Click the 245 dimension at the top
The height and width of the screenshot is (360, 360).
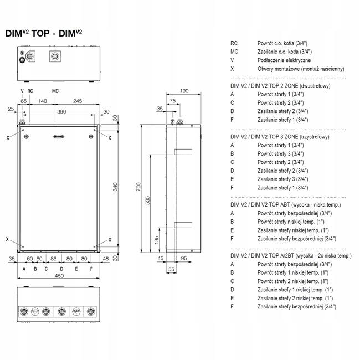(78, 101)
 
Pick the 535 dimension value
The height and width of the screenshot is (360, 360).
(148, 200)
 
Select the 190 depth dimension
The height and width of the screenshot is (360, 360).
(185, 90)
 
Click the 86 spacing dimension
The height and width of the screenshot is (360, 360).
(54, 258)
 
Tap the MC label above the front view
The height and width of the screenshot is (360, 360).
(55, 90)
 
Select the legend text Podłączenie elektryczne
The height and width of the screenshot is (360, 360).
(284, 60)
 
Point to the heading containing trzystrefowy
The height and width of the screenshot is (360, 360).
(280, 136)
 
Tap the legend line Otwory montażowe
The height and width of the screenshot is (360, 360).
(301, 69)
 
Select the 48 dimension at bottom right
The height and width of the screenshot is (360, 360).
(105, 258)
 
